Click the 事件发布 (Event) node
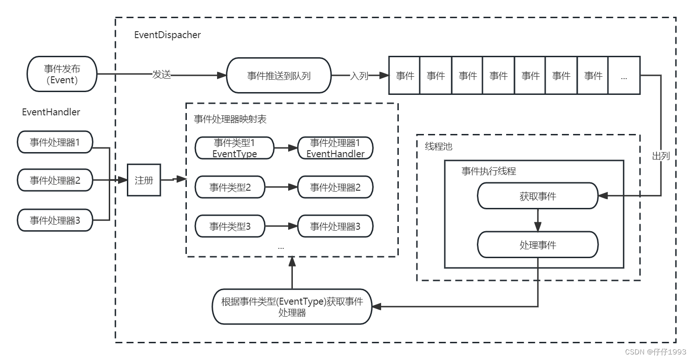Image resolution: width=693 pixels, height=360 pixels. coord(62,74)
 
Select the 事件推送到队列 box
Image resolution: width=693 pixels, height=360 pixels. coord(278,75)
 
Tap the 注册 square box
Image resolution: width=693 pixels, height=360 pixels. coord(144,180)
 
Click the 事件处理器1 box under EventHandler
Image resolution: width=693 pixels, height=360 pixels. coord(55,142)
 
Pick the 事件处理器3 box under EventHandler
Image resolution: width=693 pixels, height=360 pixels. coord(55,220)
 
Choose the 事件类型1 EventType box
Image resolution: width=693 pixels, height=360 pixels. coord(234,148)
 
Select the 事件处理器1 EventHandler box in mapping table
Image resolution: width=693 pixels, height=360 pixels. coord(335,148)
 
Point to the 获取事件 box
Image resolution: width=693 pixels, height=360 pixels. coord(537,196)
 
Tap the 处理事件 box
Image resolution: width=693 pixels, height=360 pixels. coord(537,245)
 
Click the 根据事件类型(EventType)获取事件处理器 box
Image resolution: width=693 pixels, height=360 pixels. coord(292,307)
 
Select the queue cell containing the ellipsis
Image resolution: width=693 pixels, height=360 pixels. coord(624,75)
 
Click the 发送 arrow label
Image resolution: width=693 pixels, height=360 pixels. coord(162,74)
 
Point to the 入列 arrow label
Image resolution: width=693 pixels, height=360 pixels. coord(359,75)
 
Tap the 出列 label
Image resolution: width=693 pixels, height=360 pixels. coord(660,156)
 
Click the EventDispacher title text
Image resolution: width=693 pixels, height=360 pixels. coord(167,35)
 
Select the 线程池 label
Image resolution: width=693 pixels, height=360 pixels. coord(438,147)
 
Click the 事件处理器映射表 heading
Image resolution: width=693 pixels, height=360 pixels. coord(230,119)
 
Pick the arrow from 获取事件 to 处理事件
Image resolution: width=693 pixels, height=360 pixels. coord(537,220)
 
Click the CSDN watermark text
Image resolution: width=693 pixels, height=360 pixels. coord(655,352)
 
